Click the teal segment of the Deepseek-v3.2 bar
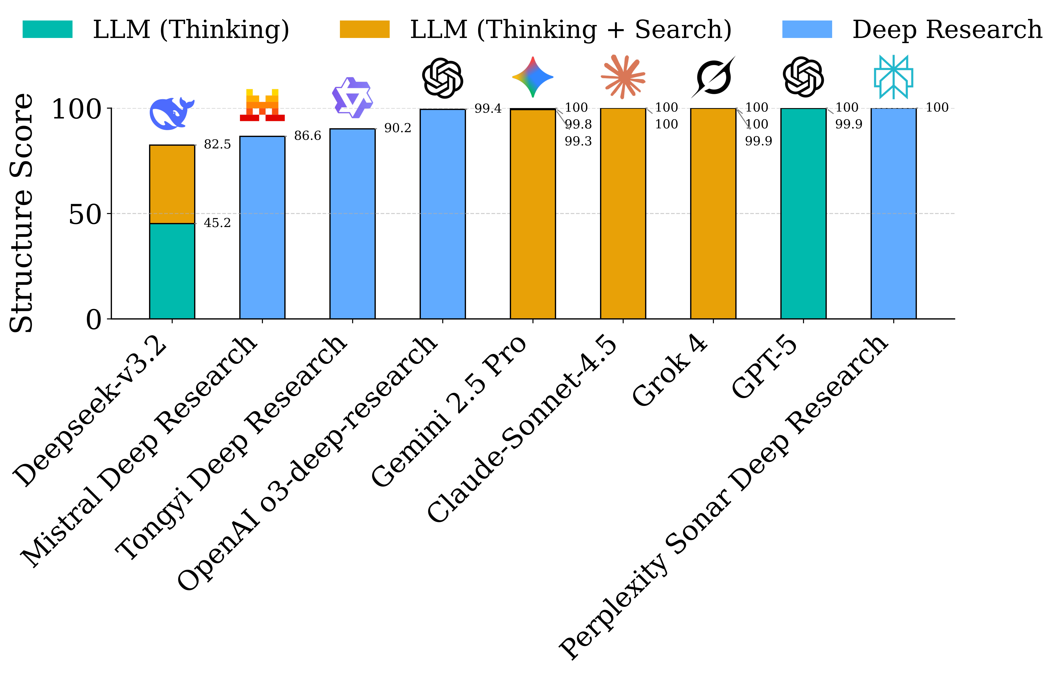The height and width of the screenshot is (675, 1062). tap(172, 271)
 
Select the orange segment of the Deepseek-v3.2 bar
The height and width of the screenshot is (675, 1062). tap(172, 184)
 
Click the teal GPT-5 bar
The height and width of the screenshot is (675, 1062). tap(803, 213)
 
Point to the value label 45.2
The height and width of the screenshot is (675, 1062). tap(217, 223)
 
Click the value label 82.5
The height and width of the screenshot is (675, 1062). tap(217, 144)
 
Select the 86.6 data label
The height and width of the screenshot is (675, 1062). tap(307, 136)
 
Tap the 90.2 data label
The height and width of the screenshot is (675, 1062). tap(397, 128)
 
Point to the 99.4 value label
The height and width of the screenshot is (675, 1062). tap(488, 108)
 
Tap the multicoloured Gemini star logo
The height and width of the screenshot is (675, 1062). tap(533, 77)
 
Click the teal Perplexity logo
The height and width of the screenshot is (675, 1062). tap(894, 77)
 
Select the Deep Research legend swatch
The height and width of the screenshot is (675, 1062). tap(807, 30)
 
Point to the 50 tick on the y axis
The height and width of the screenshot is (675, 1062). tap(85, 215)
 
